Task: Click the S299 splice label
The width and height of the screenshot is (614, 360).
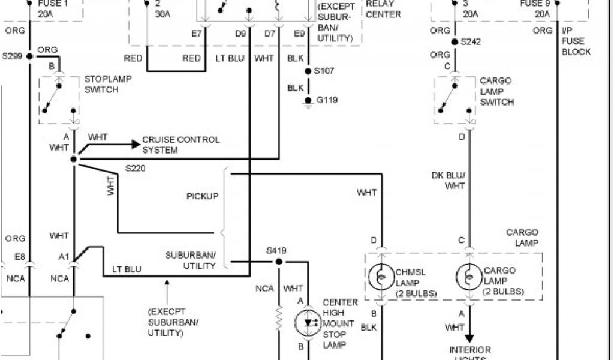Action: tap(12, 56)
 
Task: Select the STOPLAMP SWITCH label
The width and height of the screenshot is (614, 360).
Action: tap(109, 84)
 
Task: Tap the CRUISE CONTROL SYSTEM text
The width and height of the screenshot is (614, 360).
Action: tap(180, 145)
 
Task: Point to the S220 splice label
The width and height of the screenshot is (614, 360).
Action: tap(136, 169)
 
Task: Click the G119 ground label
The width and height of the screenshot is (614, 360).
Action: tap(327, 100)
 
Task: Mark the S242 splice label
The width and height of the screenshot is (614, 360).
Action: tap(471, 42)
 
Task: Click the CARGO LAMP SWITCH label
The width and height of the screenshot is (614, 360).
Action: tap(496, 91)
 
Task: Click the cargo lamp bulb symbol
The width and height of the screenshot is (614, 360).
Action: tap(469, 277)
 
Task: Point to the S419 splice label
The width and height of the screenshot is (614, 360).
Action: tap(278, 248)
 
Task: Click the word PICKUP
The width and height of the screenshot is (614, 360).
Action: tap(202, 196)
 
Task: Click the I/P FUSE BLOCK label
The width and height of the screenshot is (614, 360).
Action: tap(576, 41)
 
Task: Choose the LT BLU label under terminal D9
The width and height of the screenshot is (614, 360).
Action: tap(229, 58)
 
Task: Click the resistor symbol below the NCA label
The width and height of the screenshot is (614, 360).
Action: tap(279, 318)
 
